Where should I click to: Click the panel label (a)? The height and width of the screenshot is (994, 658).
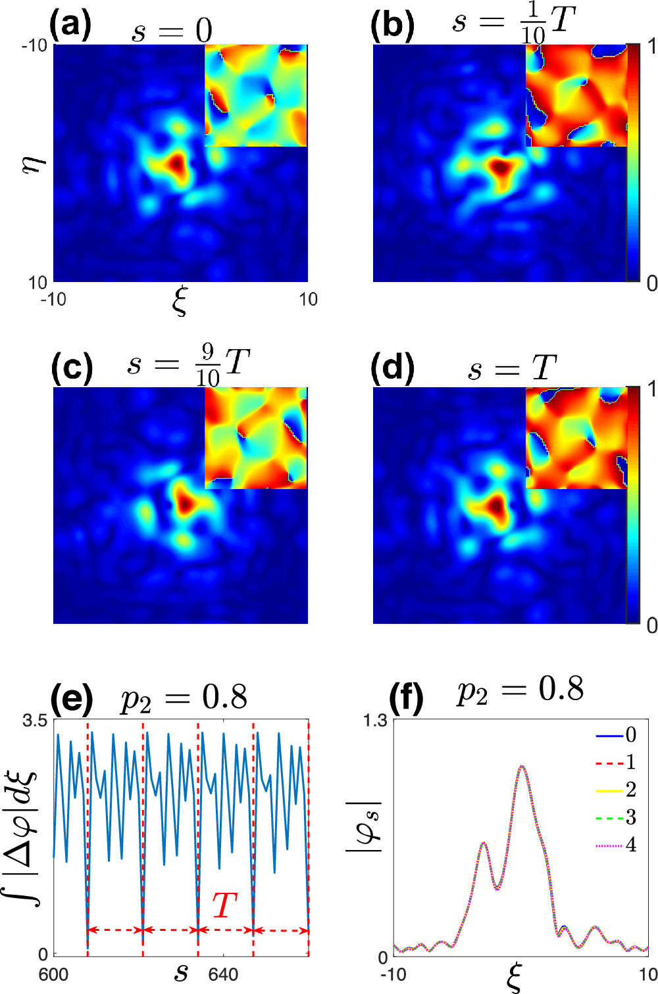pyautogui.click(x=70, y=26)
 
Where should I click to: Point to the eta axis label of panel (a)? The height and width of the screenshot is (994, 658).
pyautogui.click(x=33, y=162)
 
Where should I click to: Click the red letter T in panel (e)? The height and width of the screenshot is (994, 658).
pyautogui.click(x=224, y=906)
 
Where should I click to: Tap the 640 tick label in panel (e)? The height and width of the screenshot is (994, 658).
pyautogui.click(x=223, y=974)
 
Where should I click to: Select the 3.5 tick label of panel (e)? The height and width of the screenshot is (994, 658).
pyautogui.click(x=35, y=721)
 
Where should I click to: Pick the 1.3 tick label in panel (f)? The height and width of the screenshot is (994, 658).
pyautogui.click(x=374, y=721)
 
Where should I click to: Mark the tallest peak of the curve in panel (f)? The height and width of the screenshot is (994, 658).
pyautogui.click(x=522, y=767)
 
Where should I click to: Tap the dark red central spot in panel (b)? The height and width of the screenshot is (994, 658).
pyautogui.click(x=501, y=168)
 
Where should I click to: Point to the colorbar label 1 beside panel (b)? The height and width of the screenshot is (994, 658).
pyautogui.click(x=651, y=46)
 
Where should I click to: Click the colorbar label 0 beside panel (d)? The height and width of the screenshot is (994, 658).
pyautogui.click(x=651, y=625)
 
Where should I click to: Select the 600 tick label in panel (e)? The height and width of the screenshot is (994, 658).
pyautogui.click(x=53, y=974)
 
